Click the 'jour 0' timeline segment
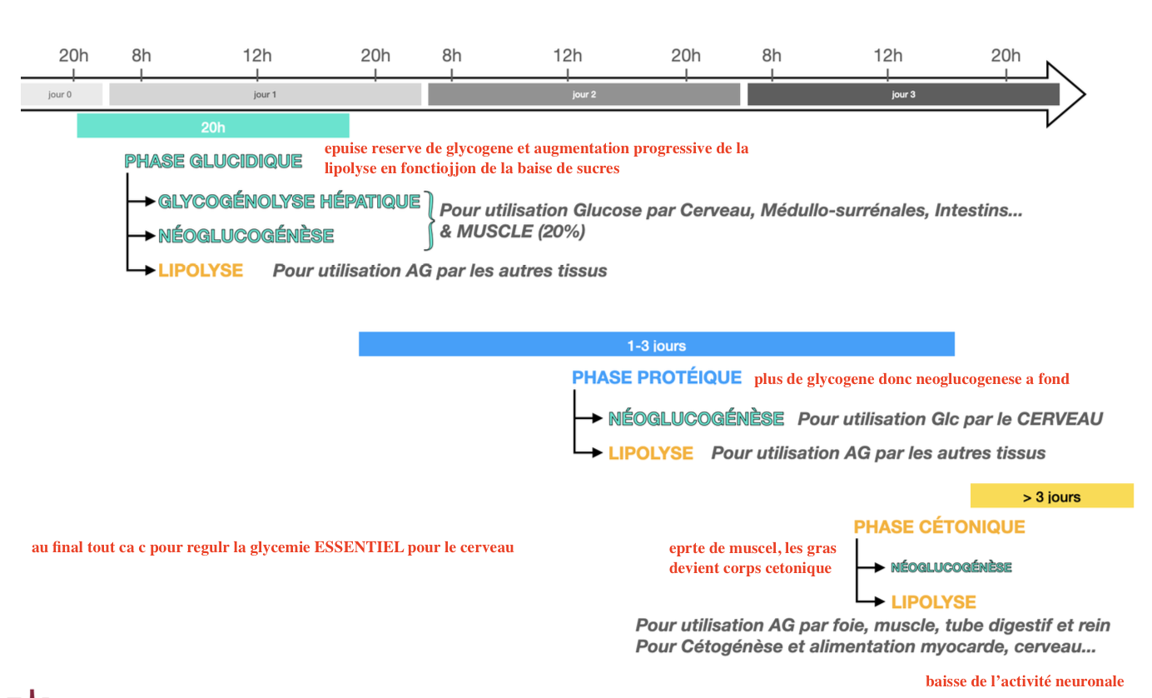pos(61,94)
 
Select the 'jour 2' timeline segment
pos(583,94)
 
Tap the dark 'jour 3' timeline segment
pos(903,94)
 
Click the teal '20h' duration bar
pos(213,127)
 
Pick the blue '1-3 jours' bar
pos(656,345)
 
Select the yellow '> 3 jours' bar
pos(1051,496)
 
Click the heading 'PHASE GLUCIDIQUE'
pos(213,162)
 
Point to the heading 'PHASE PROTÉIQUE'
pos(657,377)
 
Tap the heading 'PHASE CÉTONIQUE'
pos(939,526)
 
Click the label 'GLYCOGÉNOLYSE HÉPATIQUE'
pos(289,202)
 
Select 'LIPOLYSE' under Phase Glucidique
pos(201,270)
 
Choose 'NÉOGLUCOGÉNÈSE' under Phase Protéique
pos(696,418)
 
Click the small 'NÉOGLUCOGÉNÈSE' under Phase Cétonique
pos(951,567)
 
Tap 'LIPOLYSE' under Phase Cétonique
pos(933,601)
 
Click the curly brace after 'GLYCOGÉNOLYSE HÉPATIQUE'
pos(430,220)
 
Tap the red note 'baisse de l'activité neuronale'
pos(1024,681)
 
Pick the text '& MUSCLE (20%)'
pos(512,232)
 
